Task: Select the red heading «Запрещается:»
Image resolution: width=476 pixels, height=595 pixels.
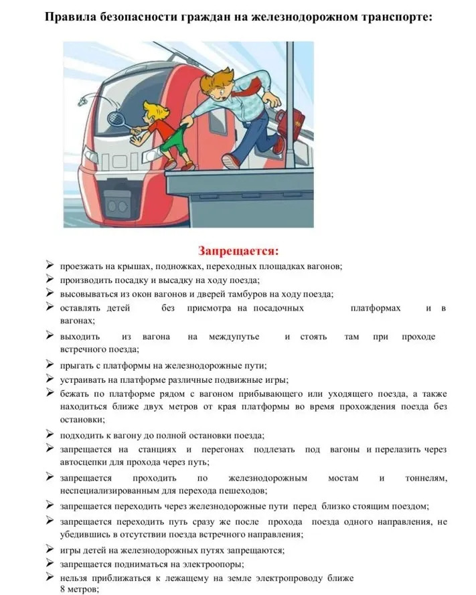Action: (x=238, y=251)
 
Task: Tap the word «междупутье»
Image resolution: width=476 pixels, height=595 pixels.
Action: (x=234, y=337)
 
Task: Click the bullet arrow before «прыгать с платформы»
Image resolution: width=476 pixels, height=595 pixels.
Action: (x=50, y=365)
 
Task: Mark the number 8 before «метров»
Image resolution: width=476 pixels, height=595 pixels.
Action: (x=62, y=589)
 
